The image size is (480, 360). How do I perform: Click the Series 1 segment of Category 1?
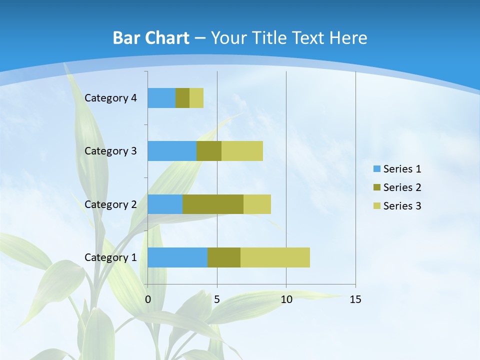tap(177, 257)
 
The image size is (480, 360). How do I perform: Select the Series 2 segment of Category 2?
tap(213, 204)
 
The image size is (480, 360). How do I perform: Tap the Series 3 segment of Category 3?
tap(242, 151)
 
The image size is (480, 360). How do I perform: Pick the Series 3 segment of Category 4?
tap(196, 98)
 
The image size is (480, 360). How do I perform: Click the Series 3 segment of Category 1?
tap(275, 257)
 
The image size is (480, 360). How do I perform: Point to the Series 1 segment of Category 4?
tap(161, 98)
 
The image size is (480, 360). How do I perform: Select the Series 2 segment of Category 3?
tap(209, 151)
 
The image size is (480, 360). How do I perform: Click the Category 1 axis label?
tap(110, 257)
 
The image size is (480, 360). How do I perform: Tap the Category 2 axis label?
tap(110, 204)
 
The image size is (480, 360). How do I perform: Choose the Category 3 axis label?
tap(110, 151)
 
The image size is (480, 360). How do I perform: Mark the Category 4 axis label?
tap(110, 98)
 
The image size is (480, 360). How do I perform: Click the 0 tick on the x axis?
tap(148, 299)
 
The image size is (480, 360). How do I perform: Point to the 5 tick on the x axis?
tap(217, 299)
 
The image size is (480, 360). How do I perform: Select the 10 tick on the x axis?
tap(286, 299)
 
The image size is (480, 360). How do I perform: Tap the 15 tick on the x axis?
tap(355, 299)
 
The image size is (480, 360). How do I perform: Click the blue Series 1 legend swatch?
tap(376, 169)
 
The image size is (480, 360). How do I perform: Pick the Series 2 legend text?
tap(402, 187)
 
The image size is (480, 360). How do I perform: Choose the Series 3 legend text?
tap(402, 206)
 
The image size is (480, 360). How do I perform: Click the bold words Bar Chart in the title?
tap(151, 38)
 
